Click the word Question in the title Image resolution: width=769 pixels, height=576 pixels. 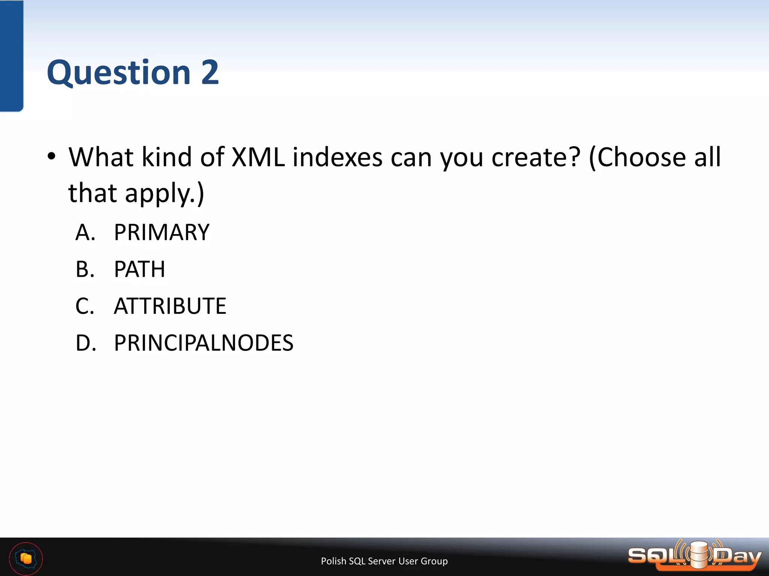click(119, 72)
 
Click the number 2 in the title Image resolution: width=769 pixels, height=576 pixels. click(210, 72)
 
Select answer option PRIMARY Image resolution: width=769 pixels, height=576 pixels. click(161, 232)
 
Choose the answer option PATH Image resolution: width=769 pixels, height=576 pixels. click(139, 269)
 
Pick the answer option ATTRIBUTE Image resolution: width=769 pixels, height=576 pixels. click(170, 306)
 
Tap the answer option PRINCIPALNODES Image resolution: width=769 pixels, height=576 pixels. click(203, 342)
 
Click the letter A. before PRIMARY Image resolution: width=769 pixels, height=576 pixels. click(85, 232)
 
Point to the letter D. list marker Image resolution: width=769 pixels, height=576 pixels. click(86, 342)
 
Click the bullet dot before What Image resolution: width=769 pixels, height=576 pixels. click(52, 156)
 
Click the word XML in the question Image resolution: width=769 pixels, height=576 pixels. click(258, 157)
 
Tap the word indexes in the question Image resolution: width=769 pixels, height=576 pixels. click(337, 157)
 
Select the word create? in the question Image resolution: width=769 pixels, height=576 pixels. click(536, 157)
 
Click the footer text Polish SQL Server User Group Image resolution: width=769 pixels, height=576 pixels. click(384, 561)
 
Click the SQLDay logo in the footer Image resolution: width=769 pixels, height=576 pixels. click(695, 556)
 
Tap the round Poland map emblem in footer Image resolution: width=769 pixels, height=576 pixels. click(26, 558)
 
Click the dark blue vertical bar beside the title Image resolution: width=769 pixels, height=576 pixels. click(11, 56)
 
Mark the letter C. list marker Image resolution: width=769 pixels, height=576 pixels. click(85, 306)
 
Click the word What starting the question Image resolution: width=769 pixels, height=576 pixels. click(101, 157)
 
